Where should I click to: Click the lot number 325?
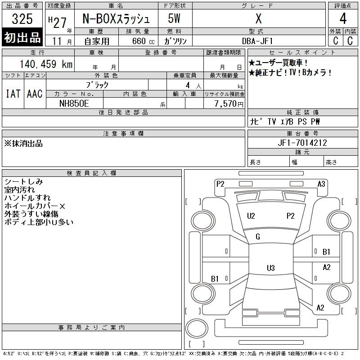(22, 19)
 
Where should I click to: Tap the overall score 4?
(343, 18)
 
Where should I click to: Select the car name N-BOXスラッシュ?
(116, 19)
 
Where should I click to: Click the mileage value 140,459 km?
(46, 64)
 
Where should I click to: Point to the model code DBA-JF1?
(257, 41)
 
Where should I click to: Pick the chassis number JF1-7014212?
(302, 143)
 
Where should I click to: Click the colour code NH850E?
(74, 103)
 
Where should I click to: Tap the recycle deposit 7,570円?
(229, 104)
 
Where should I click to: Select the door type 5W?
(174, 18)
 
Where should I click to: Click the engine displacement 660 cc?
(143, 41)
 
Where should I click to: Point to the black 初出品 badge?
(22, 37)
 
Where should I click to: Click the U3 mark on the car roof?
(271, 268)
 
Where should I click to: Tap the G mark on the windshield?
(257, 237)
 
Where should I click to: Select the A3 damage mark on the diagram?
(321, 184)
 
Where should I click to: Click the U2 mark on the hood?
(251, 216)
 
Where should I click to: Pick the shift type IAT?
(13, 94)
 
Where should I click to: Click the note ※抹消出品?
(23, 144)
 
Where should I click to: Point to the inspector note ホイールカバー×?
(35, 206)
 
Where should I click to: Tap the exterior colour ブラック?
(97, 85)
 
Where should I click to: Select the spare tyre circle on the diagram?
(197, 328)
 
